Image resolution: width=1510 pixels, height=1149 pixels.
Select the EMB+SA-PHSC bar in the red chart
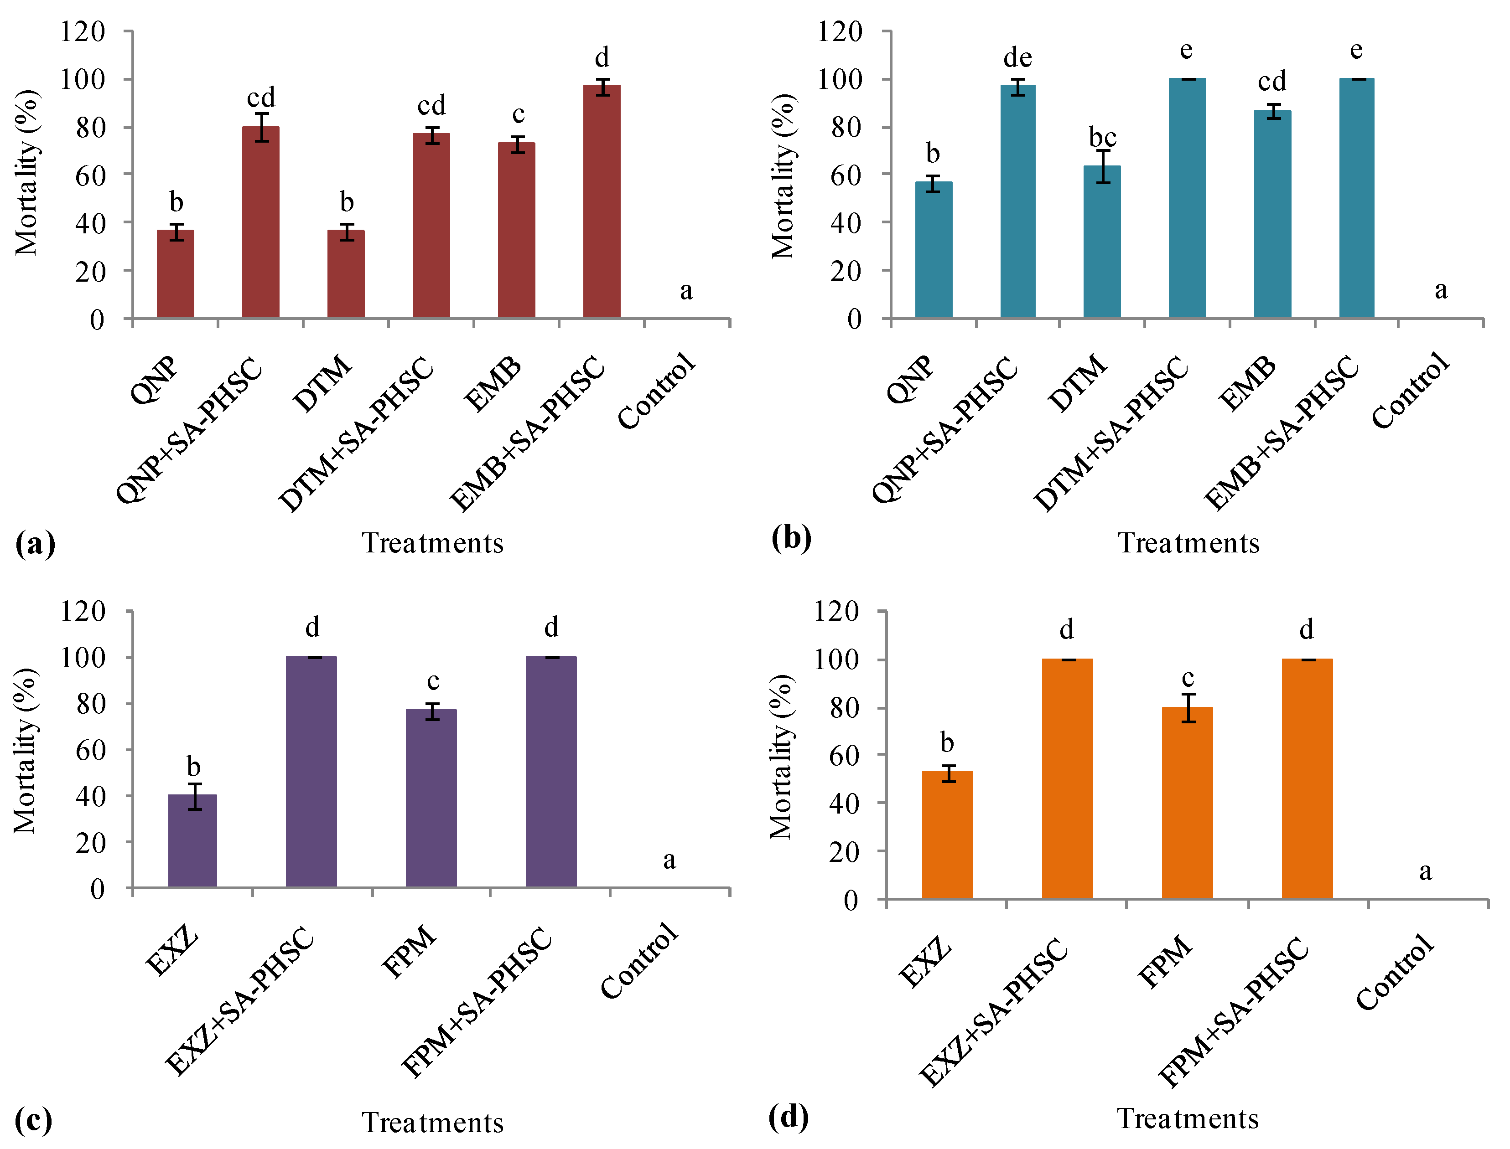click(x=602, y=202)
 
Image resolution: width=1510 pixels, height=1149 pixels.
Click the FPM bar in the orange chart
click(x=1187, y=803)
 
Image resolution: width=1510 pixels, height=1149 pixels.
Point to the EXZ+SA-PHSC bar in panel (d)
click(x=1067, y=779)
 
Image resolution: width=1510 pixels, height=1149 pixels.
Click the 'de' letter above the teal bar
click(x=1017, y=58)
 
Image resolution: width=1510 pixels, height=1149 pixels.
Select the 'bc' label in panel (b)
click(x=1102, y=138)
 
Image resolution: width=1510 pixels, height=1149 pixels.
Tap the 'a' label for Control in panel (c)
click(x=669, y=860)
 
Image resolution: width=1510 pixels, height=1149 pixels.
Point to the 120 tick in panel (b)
click(x=840, y=31)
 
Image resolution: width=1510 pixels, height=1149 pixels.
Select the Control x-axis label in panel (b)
click(x=1410, y=391)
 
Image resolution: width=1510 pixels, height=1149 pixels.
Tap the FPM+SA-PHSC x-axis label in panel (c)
click(x=476, y=1003)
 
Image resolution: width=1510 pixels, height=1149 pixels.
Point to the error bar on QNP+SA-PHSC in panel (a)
click(x=261, y=127)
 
